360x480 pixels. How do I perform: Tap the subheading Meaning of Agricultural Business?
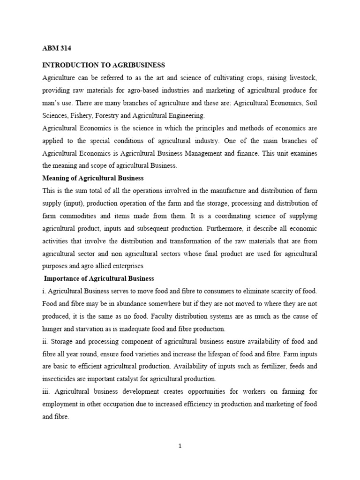coord(93,178)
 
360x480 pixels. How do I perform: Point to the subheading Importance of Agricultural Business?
coord(99,278)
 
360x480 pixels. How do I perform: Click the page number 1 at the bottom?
coord(180,446)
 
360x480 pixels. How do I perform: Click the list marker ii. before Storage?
coord(45,341)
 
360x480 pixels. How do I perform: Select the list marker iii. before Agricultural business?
coord(46,391)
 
